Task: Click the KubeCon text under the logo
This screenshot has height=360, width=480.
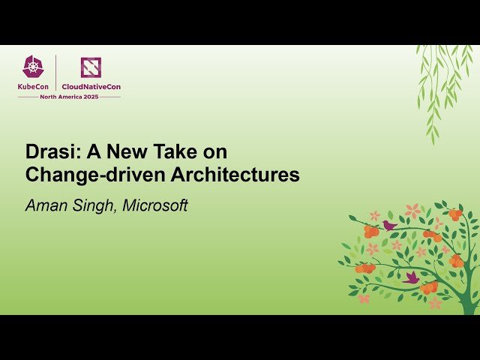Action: click(34, 87)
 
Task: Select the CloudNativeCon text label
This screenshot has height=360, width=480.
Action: click(91, 87)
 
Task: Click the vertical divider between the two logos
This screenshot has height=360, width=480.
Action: click(56, 73)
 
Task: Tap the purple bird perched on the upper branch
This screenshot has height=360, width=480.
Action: click(388, 224)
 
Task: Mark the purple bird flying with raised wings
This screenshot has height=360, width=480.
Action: click(412, 277)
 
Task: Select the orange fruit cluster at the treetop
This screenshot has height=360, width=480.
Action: click(454, 214)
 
